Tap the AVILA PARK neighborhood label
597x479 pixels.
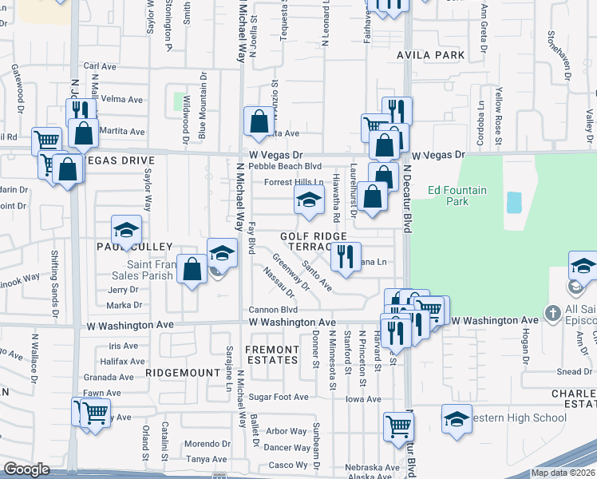[x=430, y=55]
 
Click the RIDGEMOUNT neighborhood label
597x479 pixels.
[x=183, y=373]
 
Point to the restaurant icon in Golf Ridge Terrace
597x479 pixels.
[x=346, y=256]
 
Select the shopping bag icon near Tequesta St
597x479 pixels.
[x=259, y=122]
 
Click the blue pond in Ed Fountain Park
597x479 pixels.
[x=514, y=202]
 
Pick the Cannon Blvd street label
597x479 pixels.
[x=273, y=310]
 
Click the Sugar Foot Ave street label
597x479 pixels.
[x=278, y=397]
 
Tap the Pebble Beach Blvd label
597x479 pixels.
[x=285, y=167]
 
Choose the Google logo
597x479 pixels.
[x=26, y=469]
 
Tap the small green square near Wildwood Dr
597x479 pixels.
[x=180, y=101]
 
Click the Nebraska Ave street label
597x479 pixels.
[x=372, y=467]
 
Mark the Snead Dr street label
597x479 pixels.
[x=575, y=371]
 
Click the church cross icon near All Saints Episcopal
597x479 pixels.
[x=552, y=312]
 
